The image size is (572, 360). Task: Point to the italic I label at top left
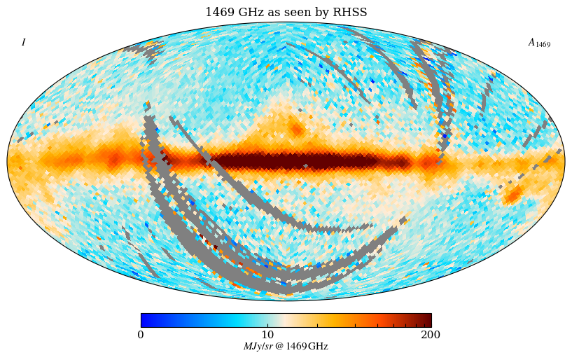(23, 43)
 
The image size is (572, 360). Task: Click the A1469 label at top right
(538, 43)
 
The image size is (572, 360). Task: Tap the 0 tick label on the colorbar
(141, 335)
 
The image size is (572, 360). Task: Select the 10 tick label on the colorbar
(268, 335)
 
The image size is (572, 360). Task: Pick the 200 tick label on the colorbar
(431, 335)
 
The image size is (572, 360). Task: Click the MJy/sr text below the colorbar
(257, 347)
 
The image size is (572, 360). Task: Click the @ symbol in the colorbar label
(279, 347)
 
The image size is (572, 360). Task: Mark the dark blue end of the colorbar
(144, 320)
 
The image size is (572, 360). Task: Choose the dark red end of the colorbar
(428, 320)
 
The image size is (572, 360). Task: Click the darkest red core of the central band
(308, 162)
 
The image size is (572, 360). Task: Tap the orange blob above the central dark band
(297, 129)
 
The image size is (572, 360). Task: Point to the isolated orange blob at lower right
(513, 194)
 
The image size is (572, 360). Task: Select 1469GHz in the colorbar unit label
(307, 347)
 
